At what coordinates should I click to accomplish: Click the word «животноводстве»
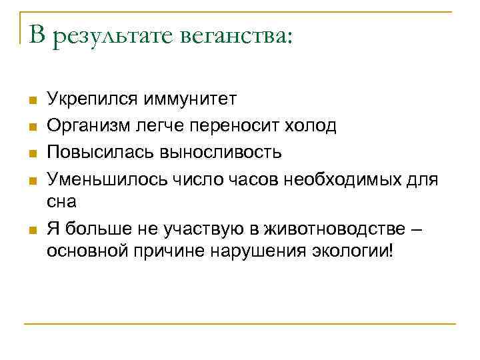[x=344, y=229]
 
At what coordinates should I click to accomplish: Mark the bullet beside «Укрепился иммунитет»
[x=31, y=101]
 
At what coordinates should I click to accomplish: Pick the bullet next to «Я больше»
[x=31, y=230]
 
